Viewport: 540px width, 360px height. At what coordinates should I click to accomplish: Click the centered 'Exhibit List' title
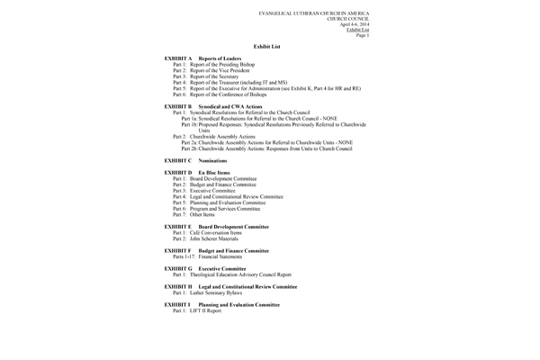click(270, 44)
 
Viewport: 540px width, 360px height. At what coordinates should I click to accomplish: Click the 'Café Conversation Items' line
click(208, 232)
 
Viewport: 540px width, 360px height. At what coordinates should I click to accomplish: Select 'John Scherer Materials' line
click(206, 238)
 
